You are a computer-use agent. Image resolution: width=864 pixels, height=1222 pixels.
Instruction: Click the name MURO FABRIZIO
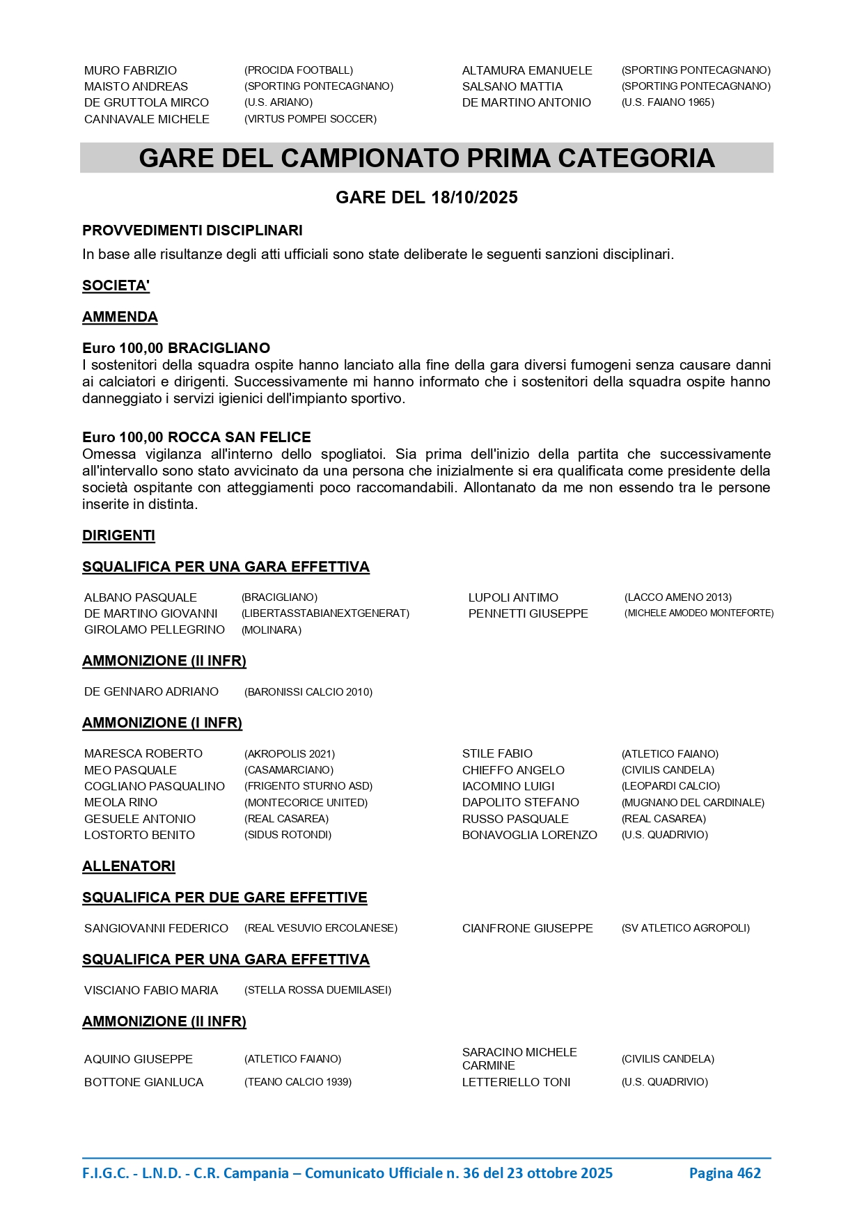click(130, 70)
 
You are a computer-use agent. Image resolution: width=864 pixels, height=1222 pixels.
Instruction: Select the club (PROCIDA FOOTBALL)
click(299, 70)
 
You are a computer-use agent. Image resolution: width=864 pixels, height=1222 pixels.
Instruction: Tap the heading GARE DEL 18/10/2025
click(426, 198)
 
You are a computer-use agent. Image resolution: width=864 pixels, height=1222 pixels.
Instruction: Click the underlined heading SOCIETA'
click(116, 285)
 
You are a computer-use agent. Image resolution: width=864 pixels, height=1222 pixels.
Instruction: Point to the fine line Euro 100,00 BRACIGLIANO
click(176, 348)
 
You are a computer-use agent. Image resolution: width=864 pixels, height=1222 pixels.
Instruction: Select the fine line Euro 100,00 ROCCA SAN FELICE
click(196, 437)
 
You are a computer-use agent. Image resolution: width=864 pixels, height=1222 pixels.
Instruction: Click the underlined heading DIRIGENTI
click(118, 535)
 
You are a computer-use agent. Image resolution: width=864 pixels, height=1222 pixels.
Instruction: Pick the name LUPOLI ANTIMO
click(513, 597)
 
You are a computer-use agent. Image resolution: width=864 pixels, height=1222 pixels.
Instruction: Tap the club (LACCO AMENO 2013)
click(677, 597)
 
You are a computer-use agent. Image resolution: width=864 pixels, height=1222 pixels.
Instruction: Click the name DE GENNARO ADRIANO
click(151, 691)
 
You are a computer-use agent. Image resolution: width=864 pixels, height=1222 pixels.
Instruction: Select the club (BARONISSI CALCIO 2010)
click(308, 692)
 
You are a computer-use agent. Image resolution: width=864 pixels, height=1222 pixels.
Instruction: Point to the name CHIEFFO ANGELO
click(513, 770)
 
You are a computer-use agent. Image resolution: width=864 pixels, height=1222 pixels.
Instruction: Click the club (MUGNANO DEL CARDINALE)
click(693, 803)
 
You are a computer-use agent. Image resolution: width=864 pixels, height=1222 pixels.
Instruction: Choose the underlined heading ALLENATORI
click(129, 866)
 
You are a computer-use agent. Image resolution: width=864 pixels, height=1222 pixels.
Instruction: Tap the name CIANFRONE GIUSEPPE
click(527, 928)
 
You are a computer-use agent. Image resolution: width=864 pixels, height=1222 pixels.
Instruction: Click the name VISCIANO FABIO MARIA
click(151, 990)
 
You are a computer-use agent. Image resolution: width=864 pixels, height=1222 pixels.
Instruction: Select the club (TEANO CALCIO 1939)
click(298, 1082)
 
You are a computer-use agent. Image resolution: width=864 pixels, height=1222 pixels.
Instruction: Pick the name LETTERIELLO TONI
click(516, 1082)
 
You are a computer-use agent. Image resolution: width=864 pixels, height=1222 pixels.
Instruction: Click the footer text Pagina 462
click(725, 1173)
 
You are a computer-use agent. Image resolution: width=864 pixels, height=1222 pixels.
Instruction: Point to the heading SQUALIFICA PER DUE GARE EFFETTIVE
click(224, 898)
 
